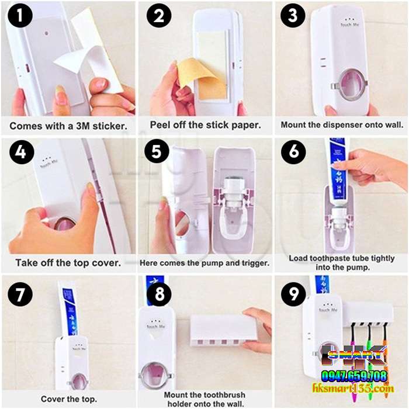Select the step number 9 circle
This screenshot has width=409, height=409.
[293, 293]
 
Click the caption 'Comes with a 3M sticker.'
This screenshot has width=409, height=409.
[68, 125]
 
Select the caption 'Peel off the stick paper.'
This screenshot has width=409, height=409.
[204, 125]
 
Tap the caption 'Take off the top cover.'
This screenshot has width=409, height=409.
[68, 262]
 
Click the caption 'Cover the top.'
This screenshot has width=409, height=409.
[68, 399]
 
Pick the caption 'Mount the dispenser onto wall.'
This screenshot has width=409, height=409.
[341, 125]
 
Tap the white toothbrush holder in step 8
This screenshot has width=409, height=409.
[223, 330]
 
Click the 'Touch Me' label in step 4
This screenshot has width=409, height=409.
[49, 165]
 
